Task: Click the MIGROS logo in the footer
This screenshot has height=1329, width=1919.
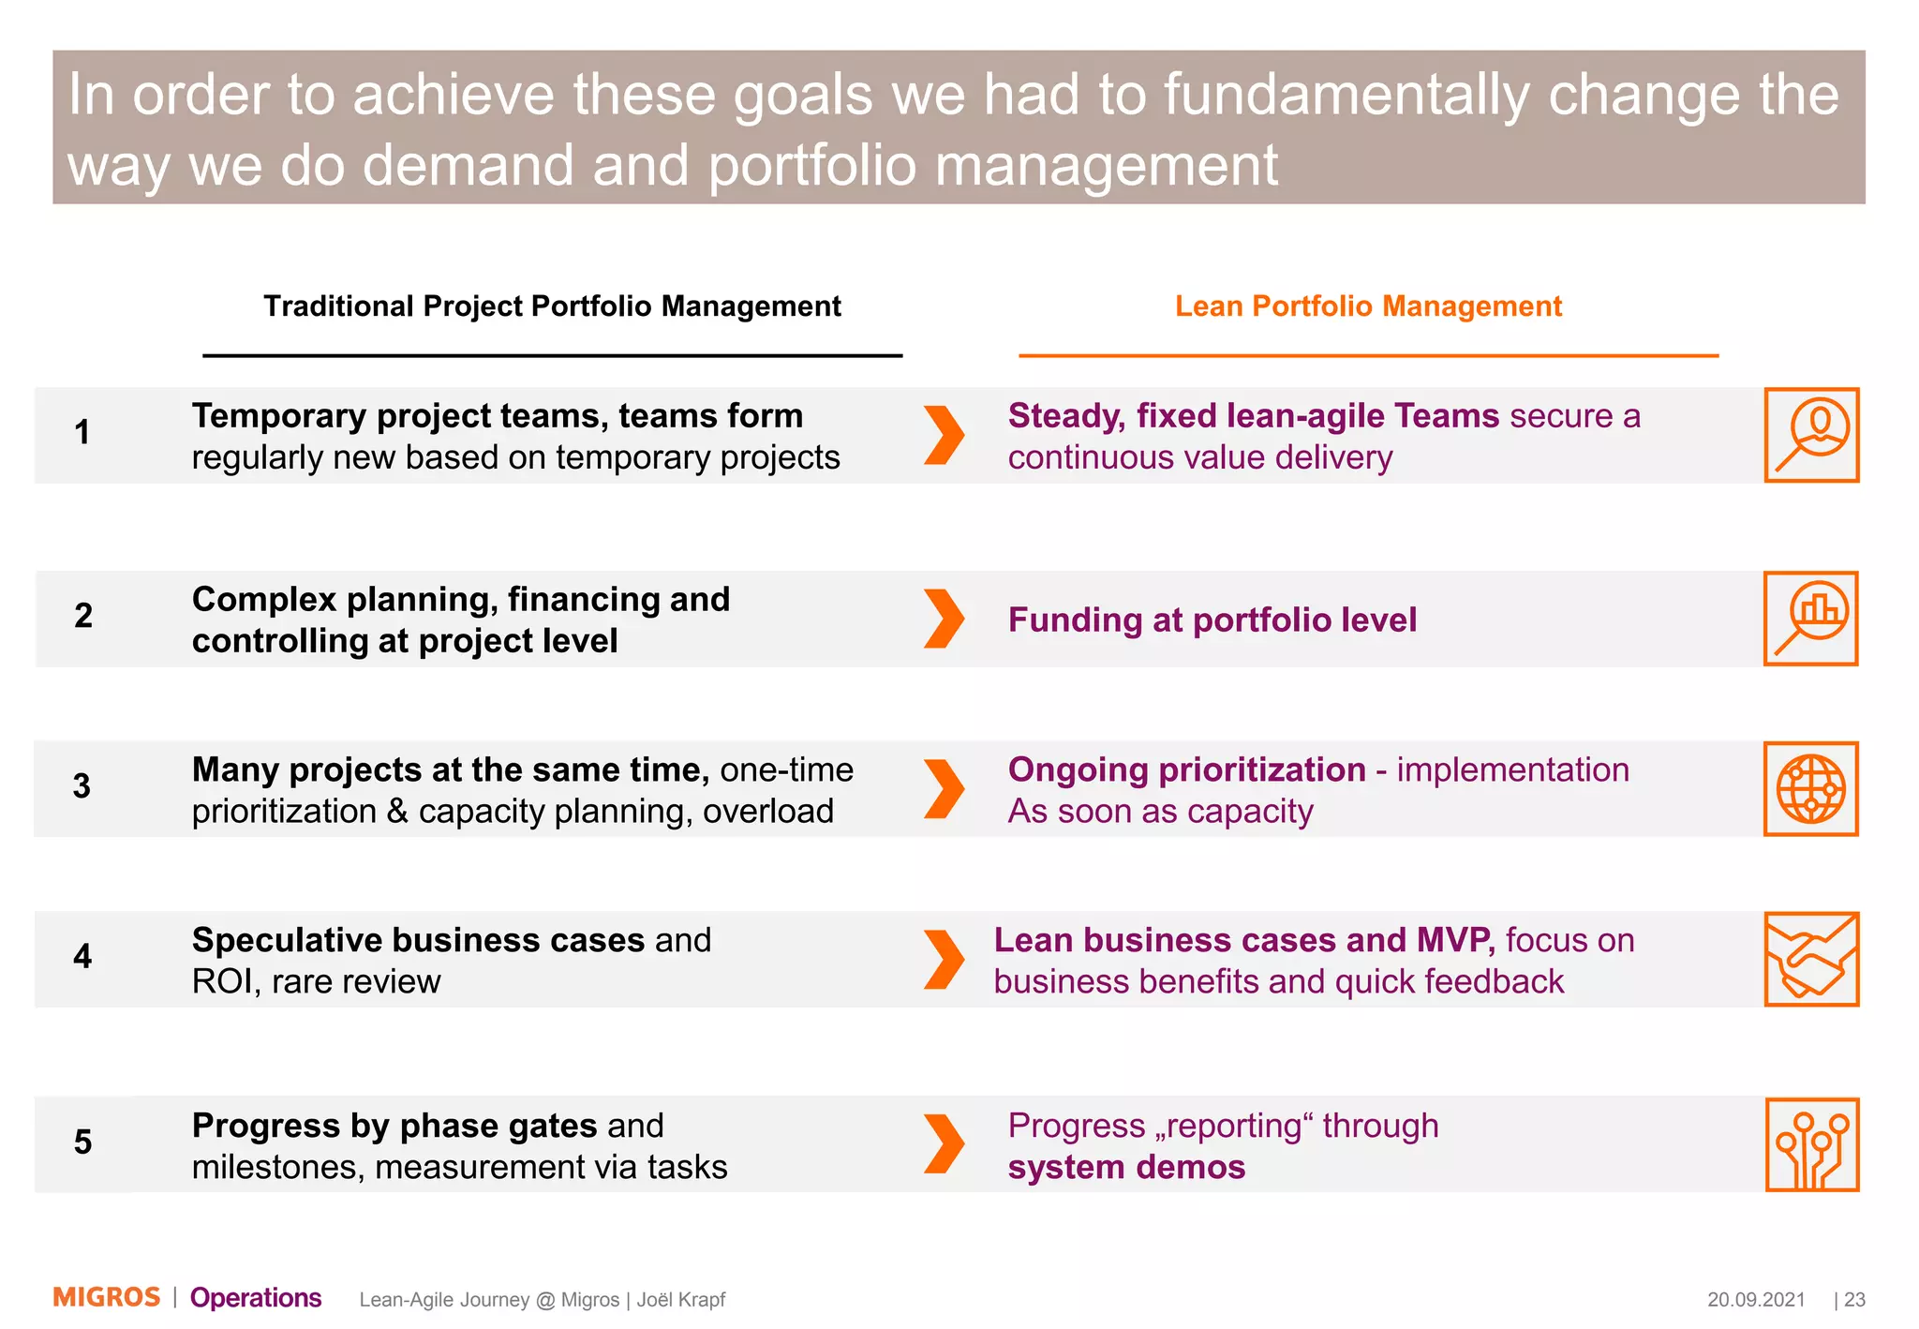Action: (x=106, y=1297)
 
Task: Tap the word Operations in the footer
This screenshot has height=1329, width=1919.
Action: (x=256, y=1297)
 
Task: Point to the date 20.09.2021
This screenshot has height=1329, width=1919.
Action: (x=1755, y=1299)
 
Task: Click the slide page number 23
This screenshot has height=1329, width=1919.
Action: (x=1854, y=1299)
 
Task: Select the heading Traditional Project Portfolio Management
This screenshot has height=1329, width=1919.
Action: (x=552, y=306)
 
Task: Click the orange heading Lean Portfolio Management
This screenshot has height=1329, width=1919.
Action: (x=1368, y=306)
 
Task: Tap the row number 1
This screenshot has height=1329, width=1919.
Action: (x=82, y=432)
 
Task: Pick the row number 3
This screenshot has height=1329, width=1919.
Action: (x=82, y=785)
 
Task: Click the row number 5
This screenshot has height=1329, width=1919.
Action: (x=82, y=1142)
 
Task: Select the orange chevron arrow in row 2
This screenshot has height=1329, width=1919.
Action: (x=944, y=619)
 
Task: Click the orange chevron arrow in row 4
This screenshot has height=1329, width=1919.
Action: (x=944, y=959)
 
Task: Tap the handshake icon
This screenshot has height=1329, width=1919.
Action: (x=1810, y=959)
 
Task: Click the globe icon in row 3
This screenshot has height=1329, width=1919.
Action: (x=1810, y=788)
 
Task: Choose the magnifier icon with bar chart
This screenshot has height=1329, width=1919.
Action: (x=1810, y=619)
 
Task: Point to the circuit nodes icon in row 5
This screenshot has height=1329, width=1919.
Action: (x=1811, y=1144)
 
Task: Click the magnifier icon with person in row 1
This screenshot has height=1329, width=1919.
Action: (x=1811, y=435)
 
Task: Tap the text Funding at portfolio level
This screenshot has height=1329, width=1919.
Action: (x=1212, y=620)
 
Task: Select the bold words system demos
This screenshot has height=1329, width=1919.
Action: (x=1126, y=1167)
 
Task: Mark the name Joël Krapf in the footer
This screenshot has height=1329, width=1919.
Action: (x=681, y=1299)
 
